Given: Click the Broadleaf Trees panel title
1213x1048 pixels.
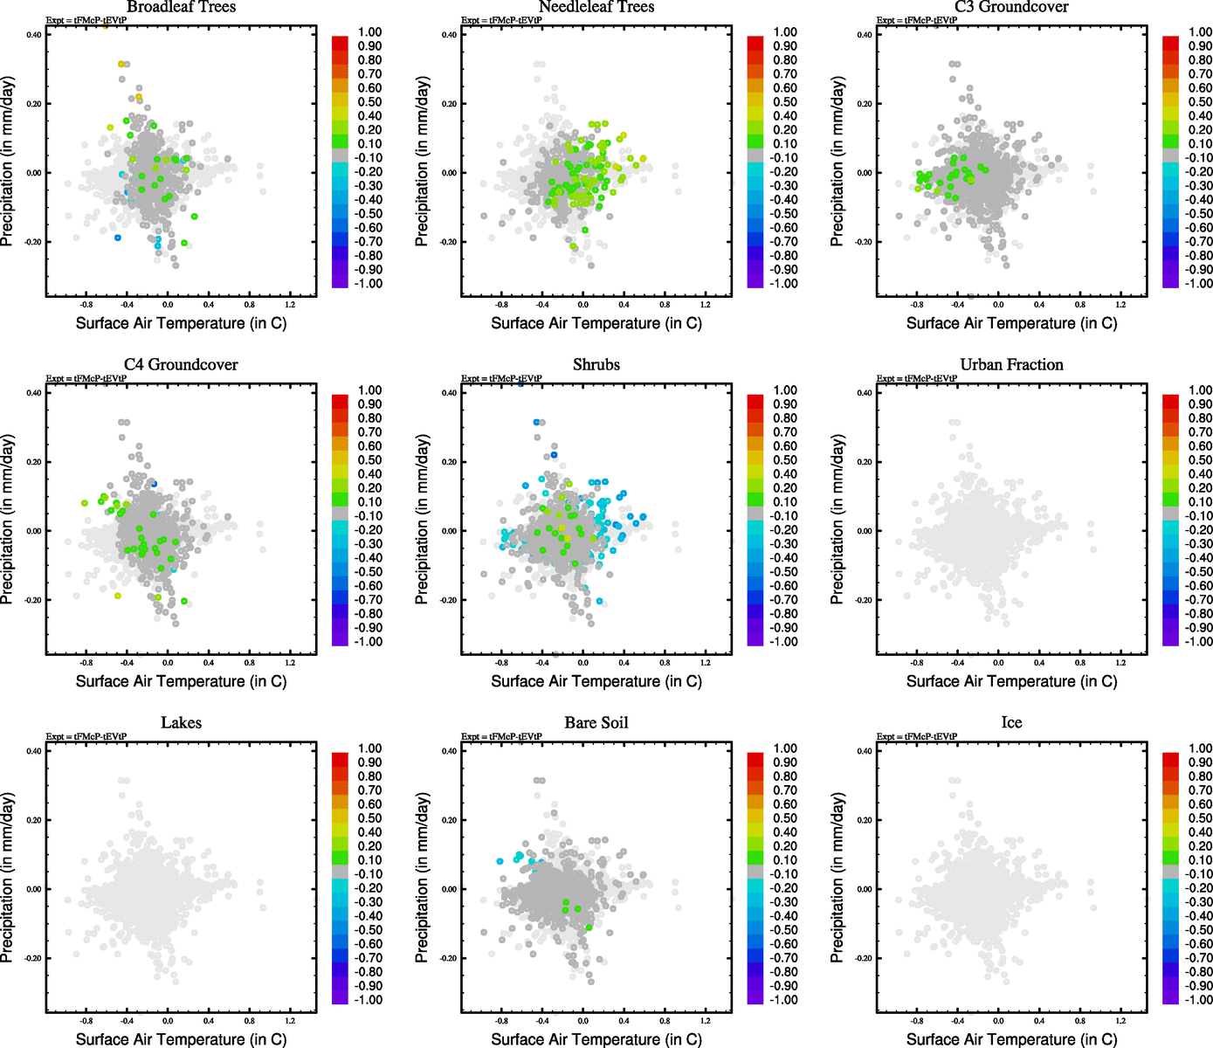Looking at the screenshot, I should [x=181, y=7].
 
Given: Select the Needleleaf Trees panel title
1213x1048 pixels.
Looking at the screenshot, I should [x=596, y=7].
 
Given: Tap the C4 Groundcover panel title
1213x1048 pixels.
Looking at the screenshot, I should [x=181, y=365].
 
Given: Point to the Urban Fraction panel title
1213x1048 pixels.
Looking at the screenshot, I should [x=1011, y=365].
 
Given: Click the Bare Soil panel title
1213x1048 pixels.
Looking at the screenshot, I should [x=596, y=723].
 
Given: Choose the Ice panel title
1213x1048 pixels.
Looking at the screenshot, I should [x=1011, y=723].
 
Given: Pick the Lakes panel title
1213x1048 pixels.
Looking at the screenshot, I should [x=181, y=723].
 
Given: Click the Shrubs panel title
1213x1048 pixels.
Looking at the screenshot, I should [x=596, y=365].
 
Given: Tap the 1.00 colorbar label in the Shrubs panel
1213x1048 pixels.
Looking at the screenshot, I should [x=785, y=390].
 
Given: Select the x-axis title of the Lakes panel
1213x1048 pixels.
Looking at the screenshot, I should [x=181, y=1039].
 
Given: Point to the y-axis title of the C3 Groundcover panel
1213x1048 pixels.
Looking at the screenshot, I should [x=837, y=161].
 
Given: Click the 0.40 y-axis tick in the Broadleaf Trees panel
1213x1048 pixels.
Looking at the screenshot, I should [x=33, y=35].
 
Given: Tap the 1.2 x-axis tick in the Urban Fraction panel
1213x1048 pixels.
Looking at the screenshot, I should [x=1120, y=663].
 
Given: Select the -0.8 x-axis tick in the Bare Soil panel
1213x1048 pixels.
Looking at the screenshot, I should [x=501, y=1021].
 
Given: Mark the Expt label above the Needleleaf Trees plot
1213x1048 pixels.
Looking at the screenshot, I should [x=501, y=20].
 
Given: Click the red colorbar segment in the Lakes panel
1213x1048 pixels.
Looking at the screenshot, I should [x=340, y=754].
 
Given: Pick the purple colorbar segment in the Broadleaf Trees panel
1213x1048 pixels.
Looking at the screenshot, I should [x=340, y=280].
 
